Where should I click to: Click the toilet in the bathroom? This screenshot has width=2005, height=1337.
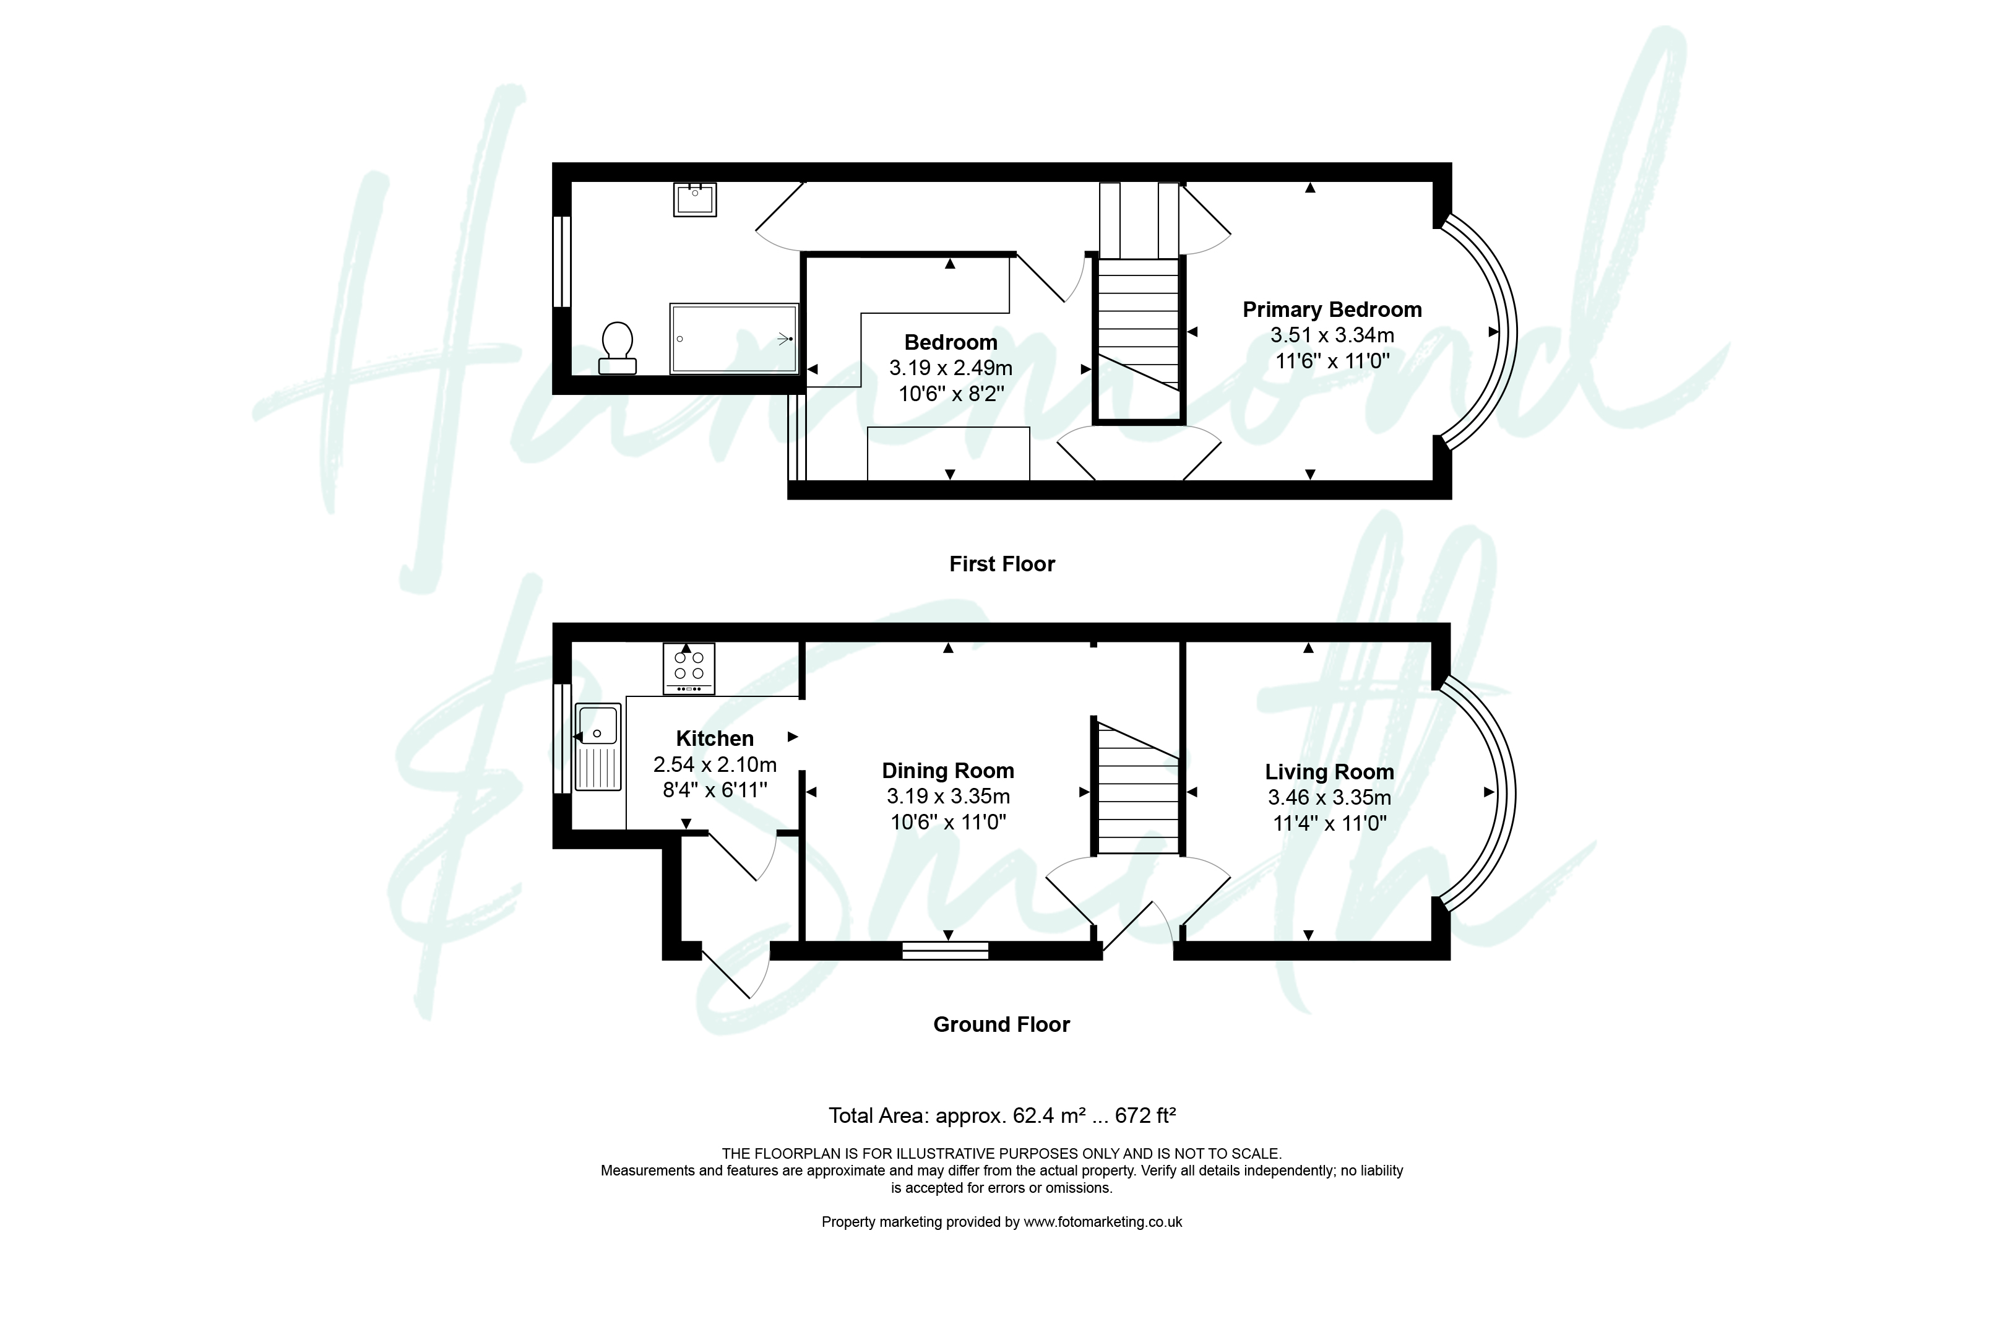point(617,348)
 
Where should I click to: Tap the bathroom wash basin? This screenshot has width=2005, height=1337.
point(695,199)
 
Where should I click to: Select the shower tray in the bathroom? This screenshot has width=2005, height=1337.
point(734,339)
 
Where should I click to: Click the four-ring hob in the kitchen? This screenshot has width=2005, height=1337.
point(689,668)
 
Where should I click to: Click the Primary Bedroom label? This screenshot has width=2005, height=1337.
point(1332,309)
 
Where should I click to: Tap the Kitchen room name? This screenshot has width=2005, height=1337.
point(714,738)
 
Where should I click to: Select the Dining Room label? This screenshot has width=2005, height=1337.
point(948,771)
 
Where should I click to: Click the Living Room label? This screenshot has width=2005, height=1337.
point(1329,772)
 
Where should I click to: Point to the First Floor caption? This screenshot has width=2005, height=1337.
point(1002,565)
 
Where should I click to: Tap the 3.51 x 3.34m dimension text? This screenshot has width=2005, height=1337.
point(1332,335)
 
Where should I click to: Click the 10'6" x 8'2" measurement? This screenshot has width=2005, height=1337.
point(951,394)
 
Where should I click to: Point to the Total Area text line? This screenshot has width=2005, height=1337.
point(1002,1115)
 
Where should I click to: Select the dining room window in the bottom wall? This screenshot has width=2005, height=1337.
point(946,950)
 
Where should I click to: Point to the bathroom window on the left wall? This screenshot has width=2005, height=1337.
point(562,261)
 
